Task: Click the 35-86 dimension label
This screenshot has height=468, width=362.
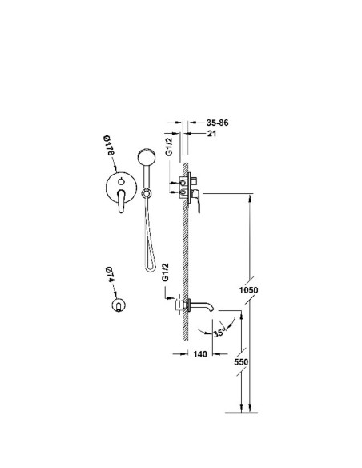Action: (x=217, y=123)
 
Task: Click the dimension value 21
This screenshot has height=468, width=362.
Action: (x=211, y=133)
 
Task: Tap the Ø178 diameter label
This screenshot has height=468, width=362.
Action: (x=109, y=145)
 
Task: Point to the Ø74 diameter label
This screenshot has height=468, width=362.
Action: (x=110, y=275)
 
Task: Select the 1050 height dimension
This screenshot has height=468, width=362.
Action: (x=249, y=290)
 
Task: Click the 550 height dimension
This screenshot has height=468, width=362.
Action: (x=241, y=361)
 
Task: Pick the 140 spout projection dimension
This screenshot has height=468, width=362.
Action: (x=199, y=354)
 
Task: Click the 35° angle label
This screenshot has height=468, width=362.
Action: (x=219, y=333)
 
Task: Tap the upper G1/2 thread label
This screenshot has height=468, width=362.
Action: (x=169, y=146)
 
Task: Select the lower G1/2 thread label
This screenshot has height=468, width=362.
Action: (x=165, y=272)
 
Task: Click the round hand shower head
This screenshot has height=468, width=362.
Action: (x=147, y=156)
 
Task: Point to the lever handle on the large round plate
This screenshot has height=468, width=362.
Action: (x=121, y=201)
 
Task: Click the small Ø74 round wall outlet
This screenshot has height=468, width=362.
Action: (x=119, y=305)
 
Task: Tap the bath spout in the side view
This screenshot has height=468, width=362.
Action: (x=203, y=305)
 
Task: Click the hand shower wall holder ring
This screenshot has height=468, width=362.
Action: (x=146, y=193)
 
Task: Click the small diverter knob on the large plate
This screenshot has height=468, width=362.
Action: (x=121, y=181)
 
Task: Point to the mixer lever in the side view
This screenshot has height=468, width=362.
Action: (x=197, y=201)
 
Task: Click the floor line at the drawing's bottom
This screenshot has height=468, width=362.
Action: (x=241, y=413)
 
